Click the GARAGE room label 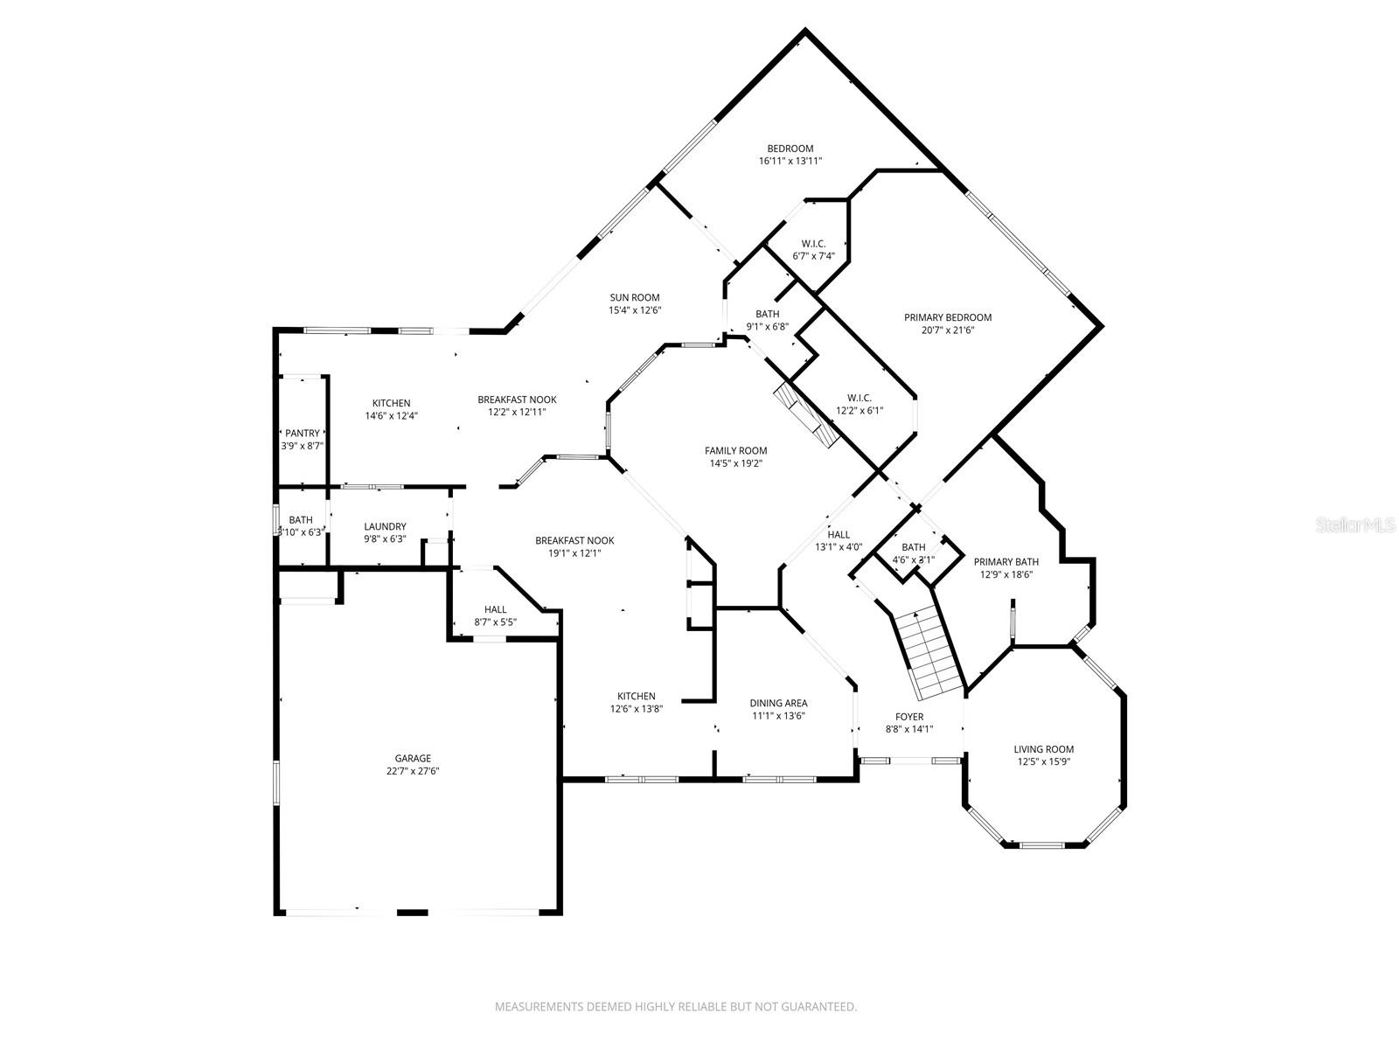pyautogui.click(x=413, y=758)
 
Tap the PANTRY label pyautogui.click(x=303, y=433)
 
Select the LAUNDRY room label pyautogui.click(x=385, y=526)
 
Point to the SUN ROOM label pyautogui.click(x=635, y=297)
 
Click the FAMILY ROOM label pyautogui.click(x=736, y=450)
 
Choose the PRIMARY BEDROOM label pyautogui.click(x=948, y=317)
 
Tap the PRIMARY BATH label pyautogui.click(x=1006, y=562)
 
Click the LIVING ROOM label pyautogui.click(x=1044, y=749)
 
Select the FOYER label pyautogui.click(x=909, y=717)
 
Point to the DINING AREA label pyautogui.click(x=778, y=703)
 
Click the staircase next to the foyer pyautogui.click(x=928, y=653)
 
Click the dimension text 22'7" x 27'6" pyautogui.click(x=413, y=771)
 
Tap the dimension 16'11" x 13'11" pyautogui.click(x=790, y=161)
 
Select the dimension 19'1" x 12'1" pyautogui.click(x=574, y=553)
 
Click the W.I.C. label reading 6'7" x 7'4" pyautogui.click(x=813, y=256)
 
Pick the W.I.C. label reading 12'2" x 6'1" pyautogui.click(x=860, y=411)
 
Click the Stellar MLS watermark pyautogui.click(x=1354, y=525)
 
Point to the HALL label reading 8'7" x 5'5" pyautogui.click(x=495, y=622)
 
